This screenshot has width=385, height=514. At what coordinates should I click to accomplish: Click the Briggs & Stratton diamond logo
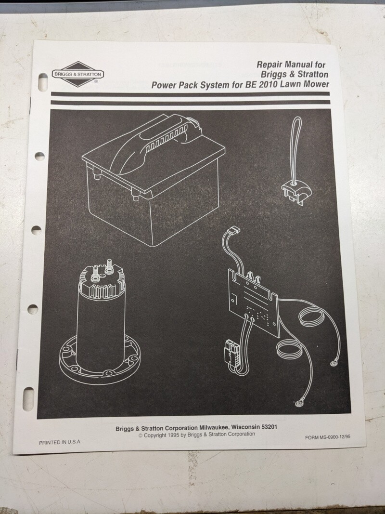pyautogui.click(x=78, y=74)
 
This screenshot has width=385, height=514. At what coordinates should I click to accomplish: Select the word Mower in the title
pyautogui.click(x=316, y=84)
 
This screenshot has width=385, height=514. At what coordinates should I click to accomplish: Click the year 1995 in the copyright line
pyautogui.click(x=173, y=435)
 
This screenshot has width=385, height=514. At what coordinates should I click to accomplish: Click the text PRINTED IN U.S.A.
pyautogui.click(x=60, y=442)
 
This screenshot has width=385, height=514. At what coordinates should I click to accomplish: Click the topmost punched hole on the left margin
pyautogui.click(x=43, y=82)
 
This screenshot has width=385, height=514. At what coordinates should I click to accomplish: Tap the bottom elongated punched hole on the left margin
pyautogui.click(x=28, y=398)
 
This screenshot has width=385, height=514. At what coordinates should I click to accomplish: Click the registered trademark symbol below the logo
pyautogui.click(x=96, y=82)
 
